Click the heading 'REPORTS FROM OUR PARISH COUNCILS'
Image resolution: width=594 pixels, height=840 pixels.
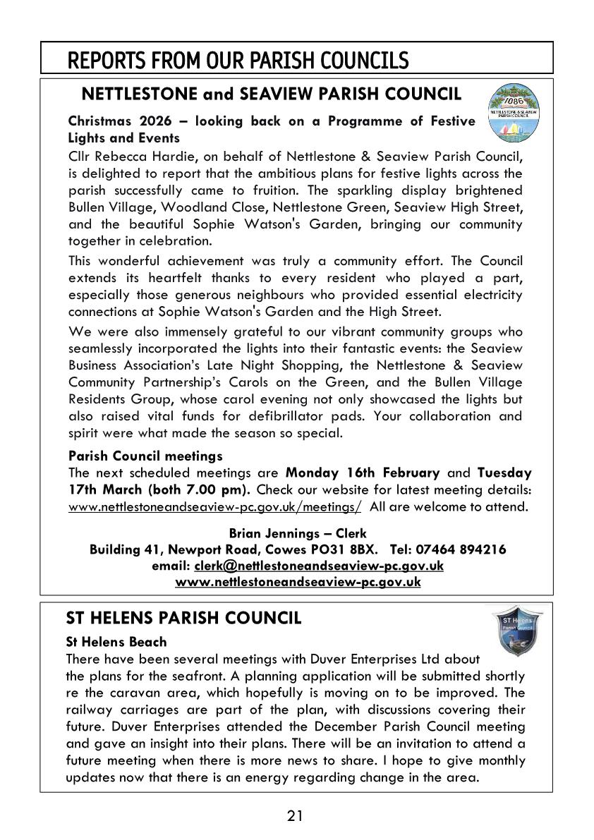[238, 60]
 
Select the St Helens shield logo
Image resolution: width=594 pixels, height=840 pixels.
[516, 630]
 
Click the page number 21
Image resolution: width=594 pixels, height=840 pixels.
[296, 817]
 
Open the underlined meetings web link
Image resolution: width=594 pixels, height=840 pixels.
[215, 507]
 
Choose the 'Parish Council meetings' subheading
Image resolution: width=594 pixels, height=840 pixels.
[145, 456]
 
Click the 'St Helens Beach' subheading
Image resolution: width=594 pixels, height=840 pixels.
[116, 642]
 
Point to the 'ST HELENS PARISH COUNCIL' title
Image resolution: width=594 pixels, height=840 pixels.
[183, 619]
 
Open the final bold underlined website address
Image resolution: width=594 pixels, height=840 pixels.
[298, 582]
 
